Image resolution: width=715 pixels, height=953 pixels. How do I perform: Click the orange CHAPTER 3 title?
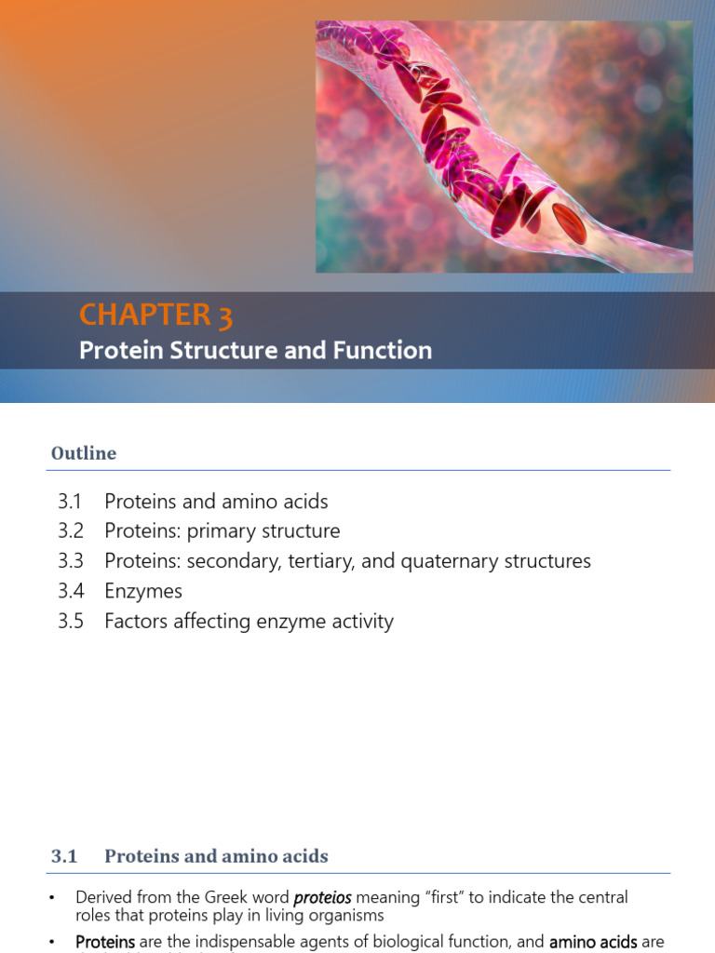(155, 315)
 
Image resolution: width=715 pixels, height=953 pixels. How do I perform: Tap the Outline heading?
(84, 453)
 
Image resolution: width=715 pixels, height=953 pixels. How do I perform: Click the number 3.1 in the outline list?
(70, 502)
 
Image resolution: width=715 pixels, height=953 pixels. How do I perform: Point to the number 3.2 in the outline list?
(70, 531)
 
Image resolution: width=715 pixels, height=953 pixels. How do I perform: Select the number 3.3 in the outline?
(70, 561)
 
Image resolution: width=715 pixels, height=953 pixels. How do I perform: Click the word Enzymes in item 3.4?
(143, 591)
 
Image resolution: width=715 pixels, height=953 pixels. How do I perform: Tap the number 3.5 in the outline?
(70, 621)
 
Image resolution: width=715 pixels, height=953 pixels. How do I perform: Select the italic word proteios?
(322, 898)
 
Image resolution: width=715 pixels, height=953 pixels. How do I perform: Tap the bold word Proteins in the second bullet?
(105, 942)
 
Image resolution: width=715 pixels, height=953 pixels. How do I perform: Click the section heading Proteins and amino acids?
(216, 856)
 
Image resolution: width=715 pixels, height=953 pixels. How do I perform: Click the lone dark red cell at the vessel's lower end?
(569, 223)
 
